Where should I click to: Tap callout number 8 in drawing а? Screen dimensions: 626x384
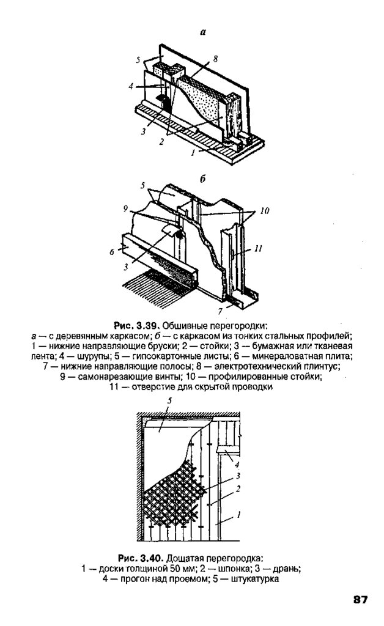(215, 59)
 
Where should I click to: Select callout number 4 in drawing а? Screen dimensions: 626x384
(131, 86)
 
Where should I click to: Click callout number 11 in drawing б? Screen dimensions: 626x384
(259, 248)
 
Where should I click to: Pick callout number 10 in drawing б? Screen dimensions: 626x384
(264, 211)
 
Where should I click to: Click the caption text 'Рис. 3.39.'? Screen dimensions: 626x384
(135, 324)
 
